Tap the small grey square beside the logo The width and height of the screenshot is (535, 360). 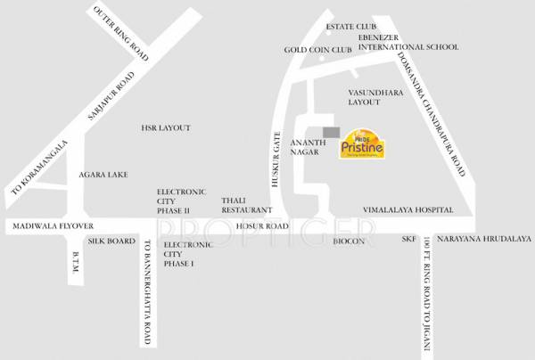(x=332, y=132)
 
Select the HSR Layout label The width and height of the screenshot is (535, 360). (x=166, y=128)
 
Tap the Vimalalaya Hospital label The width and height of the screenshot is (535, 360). (x=407, y=209)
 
